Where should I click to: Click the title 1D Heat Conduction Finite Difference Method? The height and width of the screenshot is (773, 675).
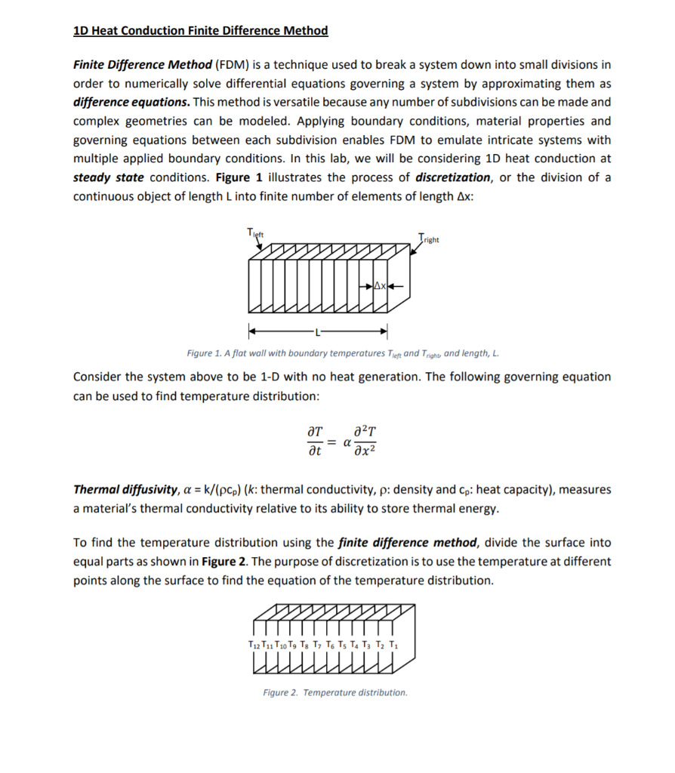pos(201,31)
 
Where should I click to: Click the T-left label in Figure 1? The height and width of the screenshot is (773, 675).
pos(254,233)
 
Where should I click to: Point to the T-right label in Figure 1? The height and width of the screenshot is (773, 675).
pos(428,239)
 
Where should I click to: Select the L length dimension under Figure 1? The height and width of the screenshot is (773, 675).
pos(319,331)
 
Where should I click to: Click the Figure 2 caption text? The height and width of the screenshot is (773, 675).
pos(334,692)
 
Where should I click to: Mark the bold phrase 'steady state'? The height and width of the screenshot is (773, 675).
pos(109,177)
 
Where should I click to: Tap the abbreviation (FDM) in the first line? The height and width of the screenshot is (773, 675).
pos(231,64)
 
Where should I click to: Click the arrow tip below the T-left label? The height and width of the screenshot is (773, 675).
pos(260,249)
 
